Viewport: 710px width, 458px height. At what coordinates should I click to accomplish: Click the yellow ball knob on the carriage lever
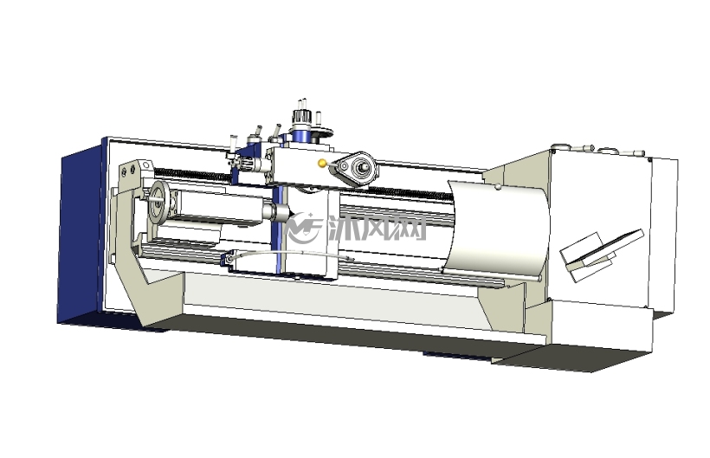point(322,164)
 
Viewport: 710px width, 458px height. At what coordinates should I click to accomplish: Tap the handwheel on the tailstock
point(159,202)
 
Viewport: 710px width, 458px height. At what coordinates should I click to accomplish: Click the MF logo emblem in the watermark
point(304,228)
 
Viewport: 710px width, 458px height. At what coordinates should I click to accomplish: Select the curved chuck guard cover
point(496,229)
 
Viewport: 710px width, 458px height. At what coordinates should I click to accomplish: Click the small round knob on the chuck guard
point(498,185)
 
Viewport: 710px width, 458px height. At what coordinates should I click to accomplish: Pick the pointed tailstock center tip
point(291,213)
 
